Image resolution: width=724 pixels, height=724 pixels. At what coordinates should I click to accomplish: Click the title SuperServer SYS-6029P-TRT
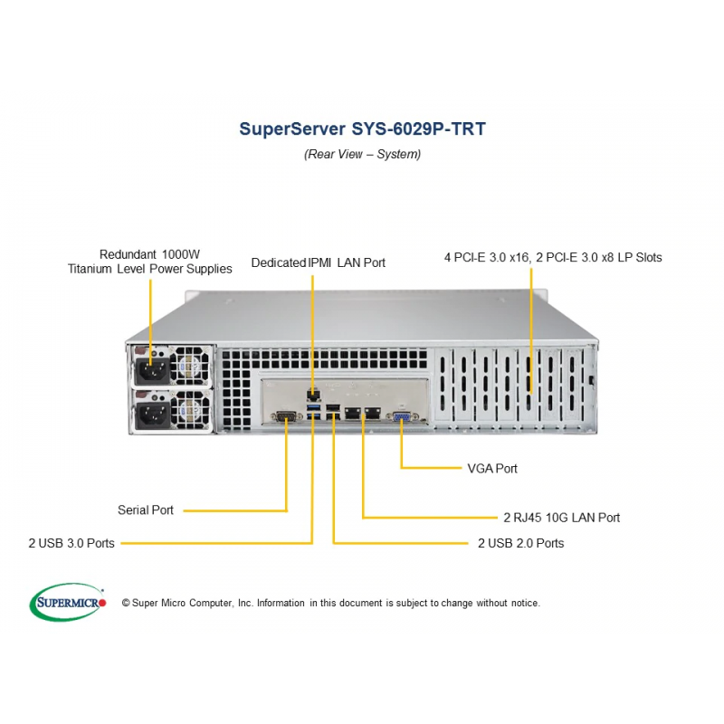tap(363, 129)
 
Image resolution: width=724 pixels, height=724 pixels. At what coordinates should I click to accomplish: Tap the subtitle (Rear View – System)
tap(363, 154)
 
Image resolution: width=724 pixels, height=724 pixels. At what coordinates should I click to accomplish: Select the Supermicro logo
tap(68, 602)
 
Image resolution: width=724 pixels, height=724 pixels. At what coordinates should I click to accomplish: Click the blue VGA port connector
tap(402, 417)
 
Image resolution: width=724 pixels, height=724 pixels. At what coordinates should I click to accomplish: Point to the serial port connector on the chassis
tap(286, 416)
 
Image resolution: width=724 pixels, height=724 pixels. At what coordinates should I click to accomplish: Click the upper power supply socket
tap(151, 369)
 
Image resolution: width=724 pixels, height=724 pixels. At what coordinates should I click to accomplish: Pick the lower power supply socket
tap(151, 414)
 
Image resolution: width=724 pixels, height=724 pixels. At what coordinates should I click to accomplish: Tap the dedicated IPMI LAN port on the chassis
tap(313, 395)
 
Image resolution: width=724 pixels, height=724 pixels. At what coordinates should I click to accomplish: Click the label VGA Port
tap(492, 469)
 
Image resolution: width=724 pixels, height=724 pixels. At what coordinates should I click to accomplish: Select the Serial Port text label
tap(146, 510)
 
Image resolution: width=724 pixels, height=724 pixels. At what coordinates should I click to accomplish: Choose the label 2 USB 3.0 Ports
tap(71, 543)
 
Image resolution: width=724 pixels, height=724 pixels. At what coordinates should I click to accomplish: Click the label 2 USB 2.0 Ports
tap(521, 543)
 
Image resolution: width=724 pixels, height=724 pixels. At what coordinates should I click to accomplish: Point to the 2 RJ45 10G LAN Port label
tap(561, 518)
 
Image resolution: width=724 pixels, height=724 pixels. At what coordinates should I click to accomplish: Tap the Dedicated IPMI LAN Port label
tap(319, 262)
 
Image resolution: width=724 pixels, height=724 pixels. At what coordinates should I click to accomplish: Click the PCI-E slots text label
tap(553, 257)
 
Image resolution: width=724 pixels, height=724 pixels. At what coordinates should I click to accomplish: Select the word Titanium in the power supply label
tap(90, 269)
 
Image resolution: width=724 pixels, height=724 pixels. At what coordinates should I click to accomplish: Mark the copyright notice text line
tap(330, 603)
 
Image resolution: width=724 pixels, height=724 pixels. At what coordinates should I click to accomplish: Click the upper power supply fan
tap(191, 365)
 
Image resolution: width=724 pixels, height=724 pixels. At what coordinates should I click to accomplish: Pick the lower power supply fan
tap(191, 409)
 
